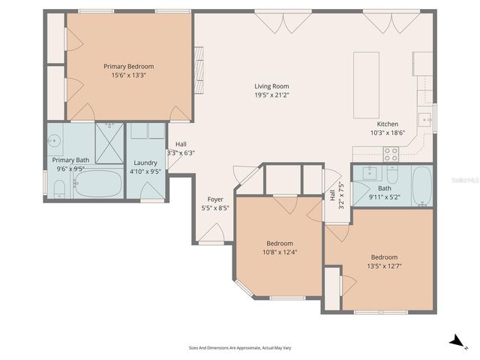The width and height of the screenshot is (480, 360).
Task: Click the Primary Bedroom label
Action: click(x=128, y=66)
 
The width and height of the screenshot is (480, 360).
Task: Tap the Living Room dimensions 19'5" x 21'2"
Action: click(x=271, y=95)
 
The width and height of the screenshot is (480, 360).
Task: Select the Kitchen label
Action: click(x=387, y=124)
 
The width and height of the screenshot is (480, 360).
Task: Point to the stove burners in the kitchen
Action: click(x=391, y=154)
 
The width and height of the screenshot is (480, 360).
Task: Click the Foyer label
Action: click(x=215, y=199)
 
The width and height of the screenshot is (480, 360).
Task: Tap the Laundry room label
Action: click(x=145, y=163)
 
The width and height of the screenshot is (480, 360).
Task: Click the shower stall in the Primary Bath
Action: click(x=109, y=142)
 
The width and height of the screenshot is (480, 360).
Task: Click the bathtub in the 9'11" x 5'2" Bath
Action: click(x=422, y=186)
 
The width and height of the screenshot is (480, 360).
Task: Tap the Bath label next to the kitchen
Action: click(x=384, y=188)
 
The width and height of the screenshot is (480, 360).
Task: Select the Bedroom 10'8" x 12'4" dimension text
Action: click(x=280, y=252)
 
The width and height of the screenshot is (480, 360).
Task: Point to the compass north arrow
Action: click(x=456, y=341)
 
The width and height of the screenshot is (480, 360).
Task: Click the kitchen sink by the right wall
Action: click(x=425, y=118)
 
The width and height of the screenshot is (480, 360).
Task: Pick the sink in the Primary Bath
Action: click(x=55, y=140)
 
